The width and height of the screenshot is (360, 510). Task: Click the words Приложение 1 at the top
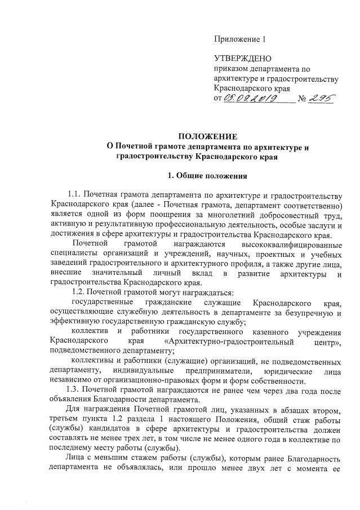pos(239,39)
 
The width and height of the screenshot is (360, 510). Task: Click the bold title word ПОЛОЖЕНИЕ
pos(208,137)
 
